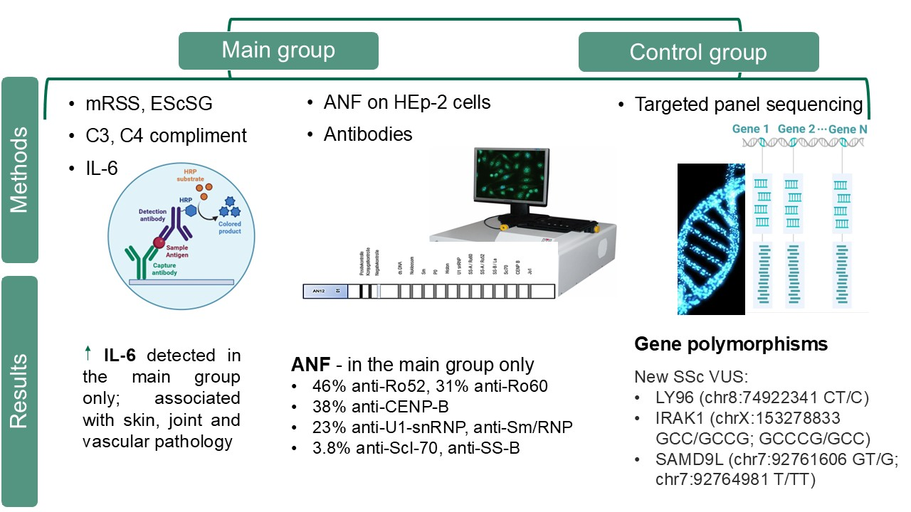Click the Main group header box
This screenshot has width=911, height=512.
point(278,50)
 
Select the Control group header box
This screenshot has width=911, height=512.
point(698,53)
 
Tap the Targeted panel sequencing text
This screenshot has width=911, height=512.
point(749,105)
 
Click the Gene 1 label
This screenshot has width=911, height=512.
point(751,129)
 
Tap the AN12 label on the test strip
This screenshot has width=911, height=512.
point(319,291)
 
